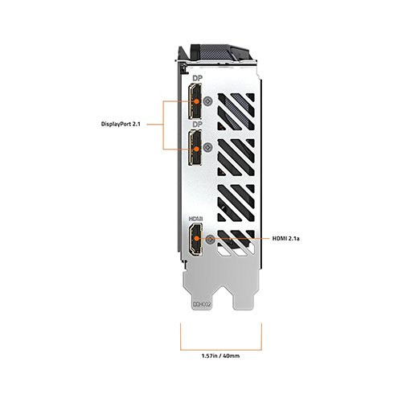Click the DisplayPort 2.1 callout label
coord(121,124)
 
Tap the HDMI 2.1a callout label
coord(286,238)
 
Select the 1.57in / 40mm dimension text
coord(220,356)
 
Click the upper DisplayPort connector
coord(195,101)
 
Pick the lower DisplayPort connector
coord(195,147)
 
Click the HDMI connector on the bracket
coord(196,240)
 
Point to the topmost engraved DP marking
coord(198,78)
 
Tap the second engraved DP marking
coord(198,124)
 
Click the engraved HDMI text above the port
coord(196,219)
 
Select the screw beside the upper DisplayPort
coord(208,101)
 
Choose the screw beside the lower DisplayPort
coord(208,147)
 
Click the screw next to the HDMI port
coord(210,239)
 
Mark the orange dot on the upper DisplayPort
coord(196,101)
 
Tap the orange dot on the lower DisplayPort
coord(196,149)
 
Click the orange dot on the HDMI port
coord(197,238)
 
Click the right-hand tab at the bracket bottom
coord(244,298)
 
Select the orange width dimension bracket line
coord(221,350)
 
